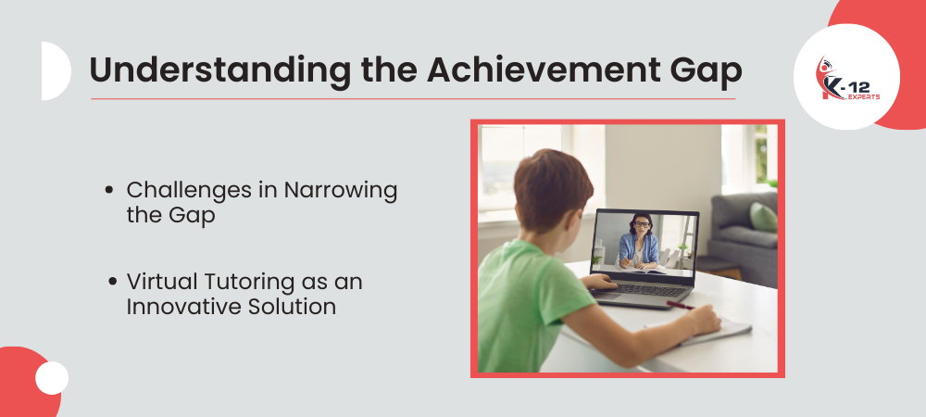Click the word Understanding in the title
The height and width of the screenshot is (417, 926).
coord(219,70)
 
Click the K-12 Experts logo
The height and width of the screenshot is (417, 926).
coord(848,79)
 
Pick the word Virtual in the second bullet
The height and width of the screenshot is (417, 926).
coord(160,282)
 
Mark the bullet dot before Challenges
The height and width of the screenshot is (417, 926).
coord(108,190)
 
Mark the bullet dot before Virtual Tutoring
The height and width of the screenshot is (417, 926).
coord(113,282)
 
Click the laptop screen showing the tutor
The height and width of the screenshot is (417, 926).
coord(644,241)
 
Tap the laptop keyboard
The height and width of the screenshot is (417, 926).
coord(646,290)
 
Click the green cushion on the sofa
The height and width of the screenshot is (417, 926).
coord(764,217)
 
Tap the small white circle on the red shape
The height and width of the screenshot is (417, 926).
coord(52,378)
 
